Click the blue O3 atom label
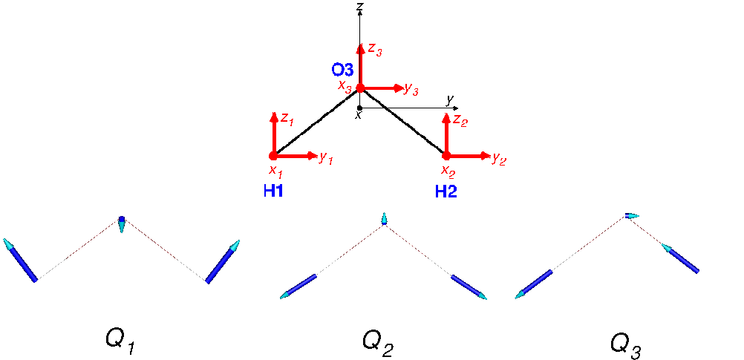coord(342,71)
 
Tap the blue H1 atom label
coord(273,192)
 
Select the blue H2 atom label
coord(446,192)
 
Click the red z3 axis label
coord(375,50)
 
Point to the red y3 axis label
coord(411,88)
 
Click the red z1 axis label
coord(287,120)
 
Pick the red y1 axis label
coord(326,158)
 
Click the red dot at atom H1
coord(273,156)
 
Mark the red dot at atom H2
coord(446,156)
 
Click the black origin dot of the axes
coord(359,108)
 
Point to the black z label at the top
coord(361,6)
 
